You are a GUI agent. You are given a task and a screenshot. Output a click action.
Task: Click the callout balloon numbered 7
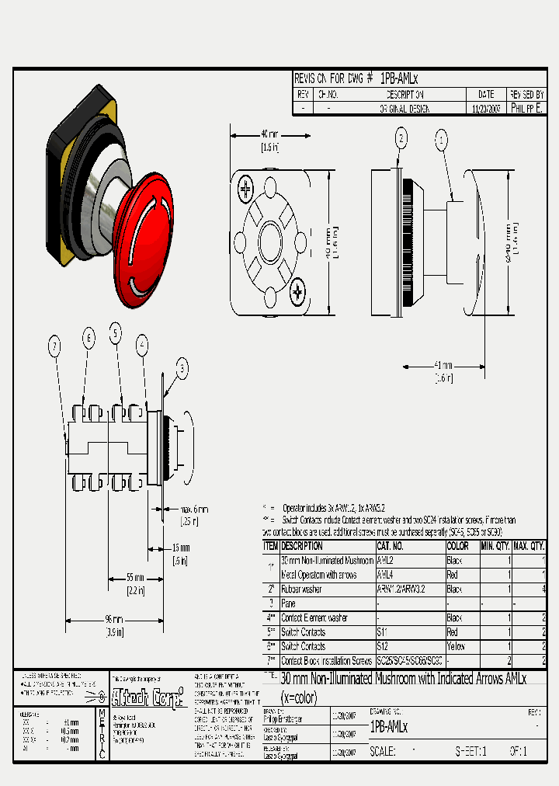[x=54, y=348]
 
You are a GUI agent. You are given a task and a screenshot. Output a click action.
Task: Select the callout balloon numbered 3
[x=181, y=369]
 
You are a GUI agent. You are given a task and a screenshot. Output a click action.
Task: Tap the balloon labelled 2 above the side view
[x=401, y=139]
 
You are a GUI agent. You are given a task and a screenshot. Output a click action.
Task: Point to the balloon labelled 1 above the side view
[x=442, y=141]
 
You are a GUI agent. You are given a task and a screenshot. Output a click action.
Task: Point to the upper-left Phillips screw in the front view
[x=247, y=187]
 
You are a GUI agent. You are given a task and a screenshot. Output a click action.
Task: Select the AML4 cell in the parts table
[x=386, y=576]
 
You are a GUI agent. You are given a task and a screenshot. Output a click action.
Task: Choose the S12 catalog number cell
[x=383, y=646]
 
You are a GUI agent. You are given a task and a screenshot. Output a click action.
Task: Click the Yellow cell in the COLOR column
[x=458, y=646]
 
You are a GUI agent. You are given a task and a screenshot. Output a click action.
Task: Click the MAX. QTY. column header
[x=529, y=546]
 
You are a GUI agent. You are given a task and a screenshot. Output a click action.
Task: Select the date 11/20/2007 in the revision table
[x=486, y=109]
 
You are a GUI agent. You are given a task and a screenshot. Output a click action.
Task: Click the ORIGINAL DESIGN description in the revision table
[x=404, y=109]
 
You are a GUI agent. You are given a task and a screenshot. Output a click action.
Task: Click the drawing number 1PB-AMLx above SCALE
[x=388, y=728]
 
